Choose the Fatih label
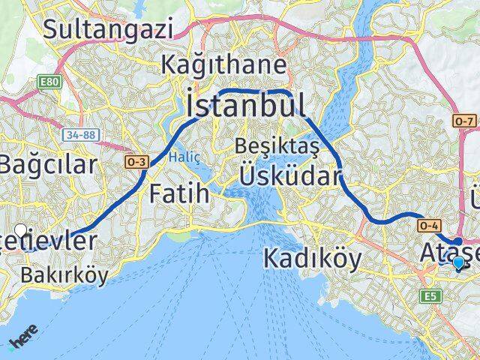point(180,193)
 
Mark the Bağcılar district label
point(46,165)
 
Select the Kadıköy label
point(313,259)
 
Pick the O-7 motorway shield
point(464,121)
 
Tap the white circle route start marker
point(21,230)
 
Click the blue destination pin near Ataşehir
point(459,262)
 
